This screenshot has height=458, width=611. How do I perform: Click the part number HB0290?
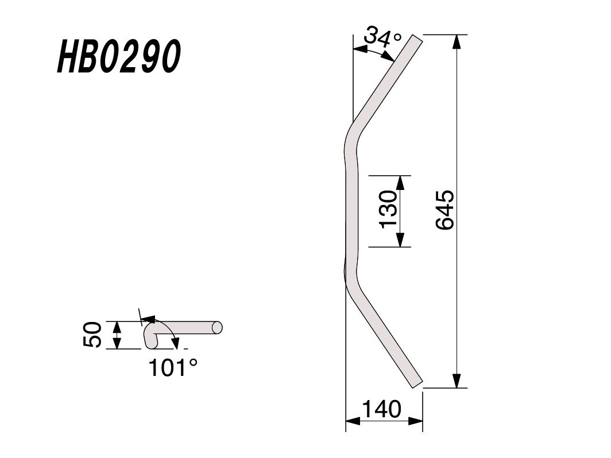[x=119, y=56]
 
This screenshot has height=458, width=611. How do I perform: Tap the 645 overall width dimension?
[x=445, y=209]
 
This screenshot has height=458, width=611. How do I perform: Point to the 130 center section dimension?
[x=389, y=209]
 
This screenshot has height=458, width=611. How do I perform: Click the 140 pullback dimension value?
[x=381, y=409]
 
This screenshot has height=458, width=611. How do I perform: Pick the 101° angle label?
[x=173, y=367]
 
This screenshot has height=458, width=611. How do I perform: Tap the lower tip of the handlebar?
[x=417, y=385]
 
